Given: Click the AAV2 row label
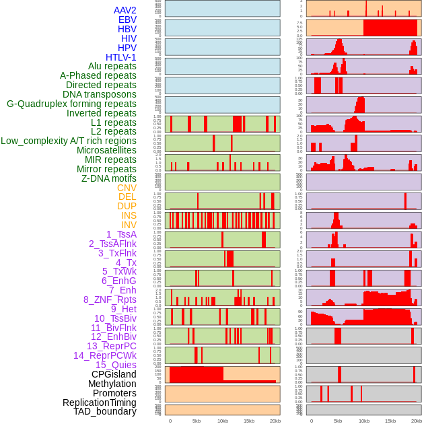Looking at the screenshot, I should coord(125,10).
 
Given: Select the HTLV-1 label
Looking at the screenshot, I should coord(121,57).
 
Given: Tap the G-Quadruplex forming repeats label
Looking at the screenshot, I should coord(71,104).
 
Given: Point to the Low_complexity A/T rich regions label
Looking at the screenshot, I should coord(69,141).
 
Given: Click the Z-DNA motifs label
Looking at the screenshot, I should coord(109,178).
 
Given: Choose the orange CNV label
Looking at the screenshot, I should coord(127,188).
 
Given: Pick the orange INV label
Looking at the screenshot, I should coord(129,225).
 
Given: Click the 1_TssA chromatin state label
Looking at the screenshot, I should coord(121,234).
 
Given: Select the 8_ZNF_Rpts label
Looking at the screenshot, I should coord(110,299).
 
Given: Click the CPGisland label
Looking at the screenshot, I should coord(114,374).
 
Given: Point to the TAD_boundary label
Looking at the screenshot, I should coord(105,411).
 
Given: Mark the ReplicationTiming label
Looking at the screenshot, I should coord(100,402).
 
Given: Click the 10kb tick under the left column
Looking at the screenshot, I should coord(222,421).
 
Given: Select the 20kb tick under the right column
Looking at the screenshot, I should coord(417,421).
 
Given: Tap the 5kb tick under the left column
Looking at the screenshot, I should coord(196,421).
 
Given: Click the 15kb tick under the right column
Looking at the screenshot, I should coord(390,421).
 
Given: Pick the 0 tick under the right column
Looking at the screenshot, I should coord(311,421).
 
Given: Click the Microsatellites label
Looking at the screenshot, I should coord(106,150).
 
